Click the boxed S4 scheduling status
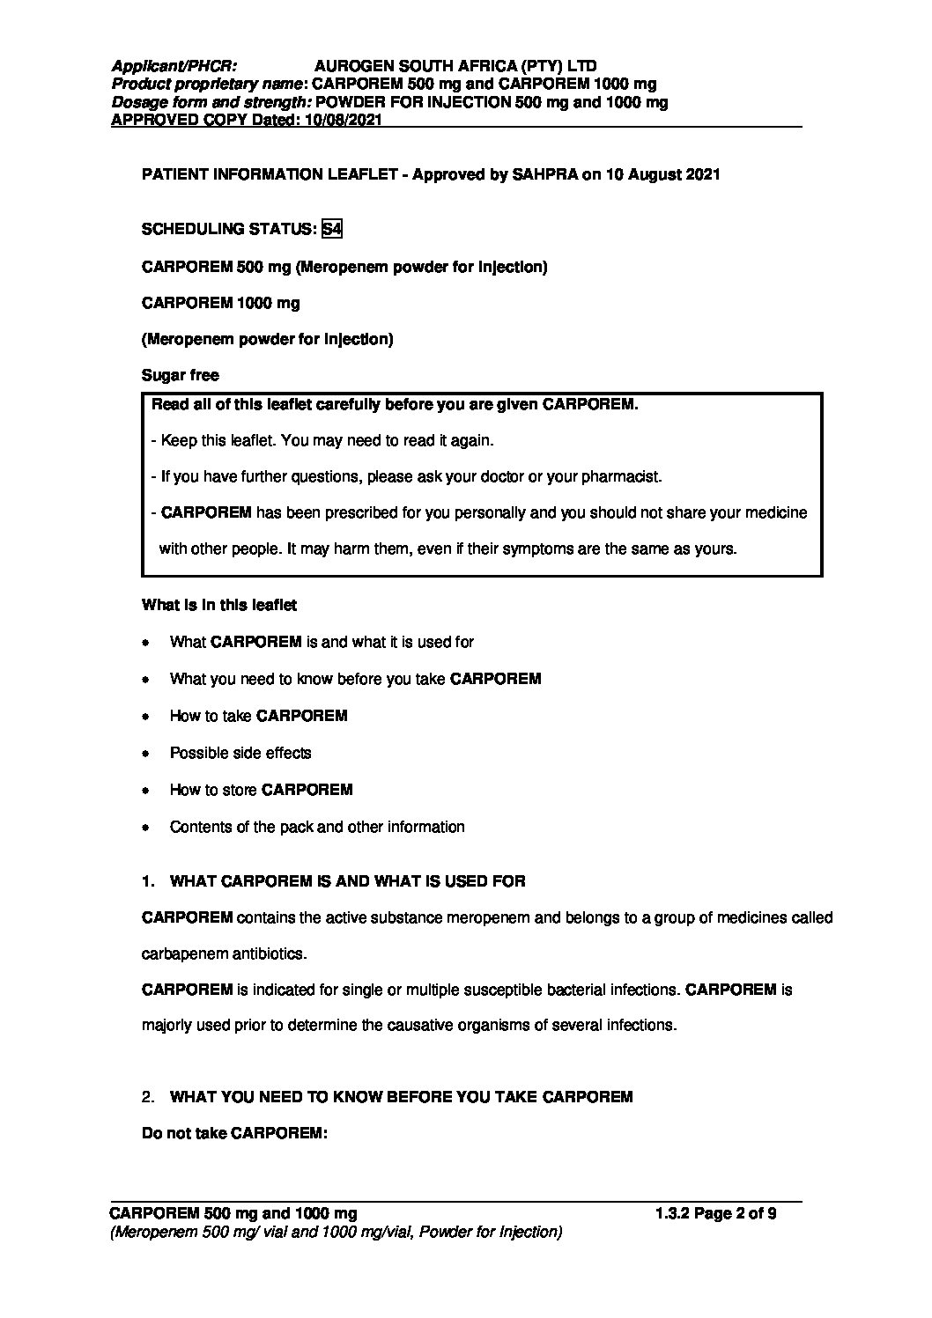click(x=332, y=230)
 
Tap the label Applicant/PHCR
click(x=174, y=66)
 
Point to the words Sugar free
click(x=181, y=375)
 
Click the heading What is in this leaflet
click(x=219, y=605)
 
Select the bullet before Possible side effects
click(x=146, y=754)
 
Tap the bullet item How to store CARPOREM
click(x=261, y=790)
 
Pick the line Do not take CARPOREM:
click(x=234, y=1133)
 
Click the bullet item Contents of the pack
click(x=317, y=827)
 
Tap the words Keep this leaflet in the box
click(x=212, y=440)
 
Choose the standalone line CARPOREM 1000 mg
click(x=221, y=303)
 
